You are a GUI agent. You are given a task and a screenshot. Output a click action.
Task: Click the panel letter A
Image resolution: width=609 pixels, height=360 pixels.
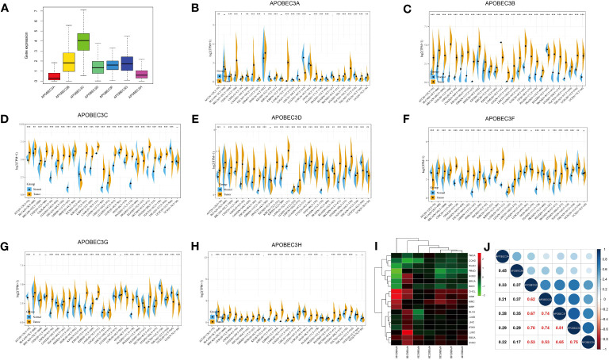7,7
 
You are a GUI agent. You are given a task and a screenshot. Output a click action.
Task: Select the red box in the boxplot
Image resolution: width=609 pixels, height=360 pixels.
32,76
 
